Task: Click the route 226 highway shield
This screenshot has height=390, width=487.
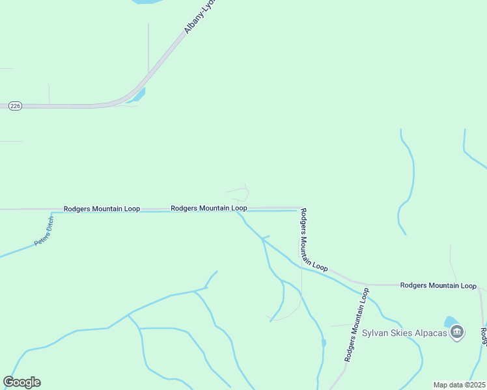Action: pyautogui.click(x=16, y=105)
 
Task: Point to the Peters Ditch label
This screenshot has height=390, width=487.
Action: pyautogui.click(x=45, y=231)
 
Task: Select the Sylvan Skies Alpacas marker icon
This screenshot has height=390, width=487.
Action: pyautogui.click(x=457, y=333)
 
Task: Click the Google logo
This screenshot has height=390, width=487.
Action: pyautogui.click(x=21, y=382)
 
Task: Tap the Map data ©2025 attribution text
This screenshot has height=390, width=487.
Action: pyautogui.click(x=459, y=385)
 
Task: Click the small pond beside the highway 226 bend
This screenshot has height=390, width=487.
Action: pyautogui.click(x=139, y=96)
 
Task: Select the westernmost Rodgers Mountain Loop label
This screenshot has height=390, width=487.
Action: pyautogui.click(x=102, y=209)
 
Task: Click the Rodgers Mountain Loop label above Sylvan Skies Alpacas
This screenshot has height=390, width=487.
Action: pyautogui.click(x=438, y=285)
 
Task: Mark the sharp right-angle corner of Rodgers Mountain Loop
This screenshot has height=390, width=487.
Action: pyautogui.click(x=299, y=209)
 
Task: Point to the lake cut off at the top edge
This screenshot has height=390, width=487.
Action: pyautogui.click(x=148, y=2)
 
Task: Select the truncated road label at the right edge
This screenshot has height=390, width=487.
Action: pyautogui.click(x=484, y=336)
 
